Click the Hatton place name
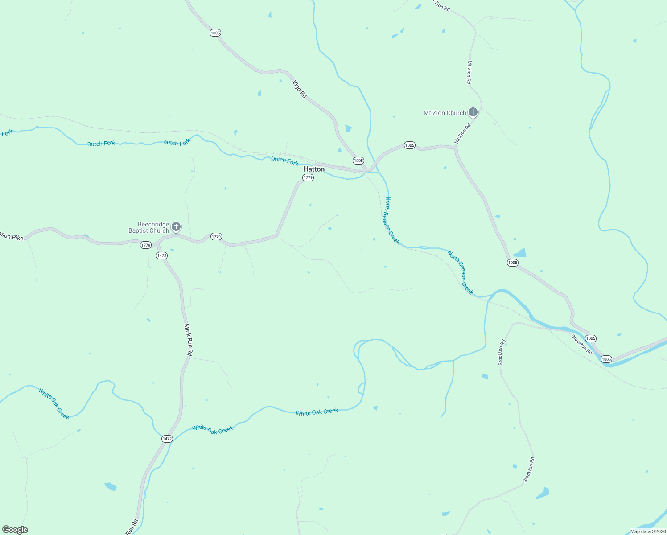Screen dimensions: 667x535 (314, 169)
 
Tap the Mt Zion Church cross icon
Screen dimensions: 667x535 (473, 112)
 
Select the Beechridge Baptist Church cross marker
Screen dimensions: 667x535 (176, 226)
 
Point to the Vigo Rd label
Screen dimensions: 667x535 (300, 89)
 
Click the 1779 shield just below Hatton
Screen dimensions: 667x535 (308, 177)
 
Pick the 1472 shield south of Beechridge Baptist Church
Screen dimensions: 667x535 (161, 255)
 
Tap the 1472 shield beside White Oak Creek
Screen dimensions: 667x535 (167, 439)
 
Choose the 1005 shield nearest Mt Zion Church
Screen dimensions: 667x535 (410, 145)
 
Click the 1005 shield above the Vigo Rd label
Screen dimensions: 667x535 (215, 33)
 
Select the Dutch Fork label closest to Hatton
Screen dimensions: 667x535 (285, 161)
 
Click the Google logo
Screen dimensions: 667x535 (15, 530)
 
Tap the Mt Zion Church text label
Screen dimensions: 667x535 (445, 113)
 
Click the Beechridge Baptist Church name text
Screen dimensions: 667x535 (149, 227)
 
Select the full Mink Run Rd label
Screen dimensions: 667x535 (189, 340)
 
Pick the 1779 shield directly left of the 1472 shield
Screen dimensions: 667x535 (146, 245)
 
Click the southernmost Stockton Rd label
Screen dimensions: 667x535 (528, 470)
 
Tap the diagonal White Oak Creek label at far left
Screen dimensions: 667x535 (54, 404)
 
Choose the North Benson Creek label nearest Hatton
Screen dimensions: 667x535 (392, 220)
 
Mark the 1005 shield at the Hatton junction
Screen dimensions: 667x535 (358, 160)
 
